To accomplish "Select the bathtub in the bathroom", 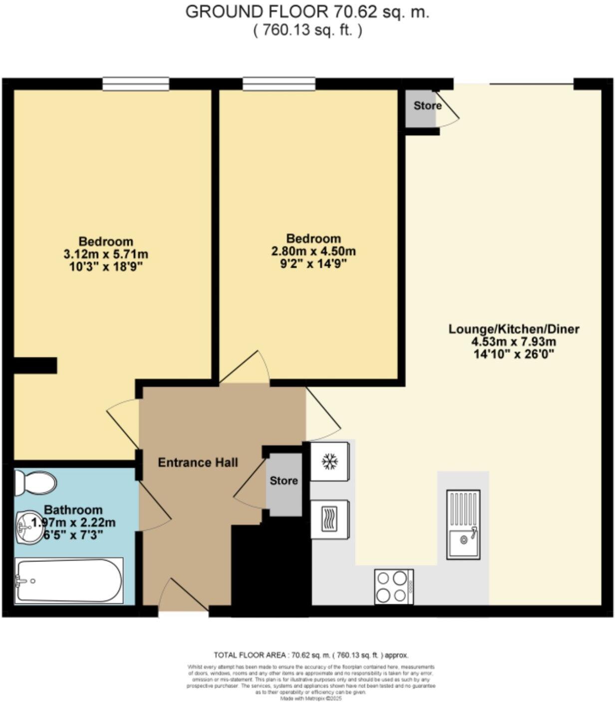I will coord(68,580).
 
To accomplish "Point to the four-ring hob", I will coord(393,586).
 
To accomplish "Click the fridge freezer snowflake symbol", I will coord(329,461).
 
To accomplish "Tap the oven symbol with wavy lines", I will coord(329,519).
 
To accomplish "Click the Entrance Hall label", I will coord(198,463).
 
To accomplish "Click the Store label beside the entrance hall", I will coord(284,481).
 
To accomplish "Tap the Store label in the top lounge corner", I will coord(427,106).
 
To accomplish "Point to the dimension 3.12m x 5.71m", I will coord(106,254).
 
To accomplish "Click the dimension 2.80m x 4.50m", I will coord(313,251).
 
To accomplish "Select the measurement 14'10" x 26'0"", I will coord(514,355).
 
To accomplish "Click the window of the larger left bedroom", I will coord(136,84).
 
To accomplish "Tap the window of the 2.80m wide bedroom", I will coord(279,84).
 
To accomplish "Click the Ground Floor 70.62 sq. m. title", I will coord(307,12).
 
